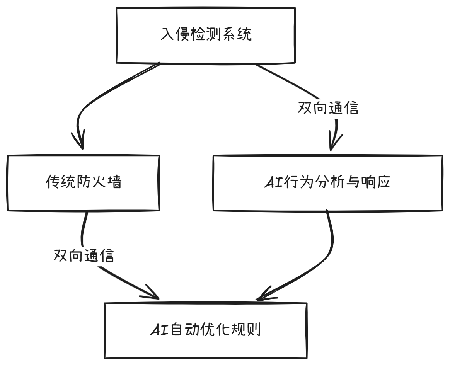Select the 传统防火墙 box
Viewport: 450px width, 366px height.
pyautogui.click(x=84, y=182)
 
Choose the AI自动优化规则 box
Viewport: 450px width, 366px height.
pyautogui.click(x=206, y=331)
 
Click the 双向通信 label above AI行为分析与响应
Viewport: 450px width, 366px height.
pyautogui.click(x=328, y=109)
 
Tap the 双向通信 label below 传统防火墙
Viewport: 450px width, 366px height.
pyautogui.click(x=84, y=255)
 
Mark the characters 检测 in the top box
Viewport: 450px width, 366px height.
pyautogui.click(x=206, y=35)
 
